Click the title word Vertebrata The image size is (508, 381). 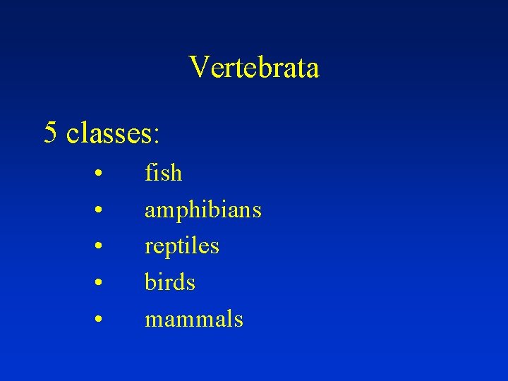254,68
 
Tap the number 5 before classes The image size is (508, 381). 50,132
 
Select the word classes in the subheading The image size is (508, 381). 109,133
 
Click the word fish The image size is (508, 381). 163,173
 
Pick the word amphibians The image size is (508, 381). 202,210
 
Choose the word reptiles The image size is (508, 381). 181,246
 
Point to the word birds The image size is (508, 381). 169,282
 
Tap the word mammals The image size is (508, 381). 193,319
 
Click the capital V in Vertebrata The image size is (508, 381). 199,68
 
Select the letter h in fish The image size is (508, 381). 176,173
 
